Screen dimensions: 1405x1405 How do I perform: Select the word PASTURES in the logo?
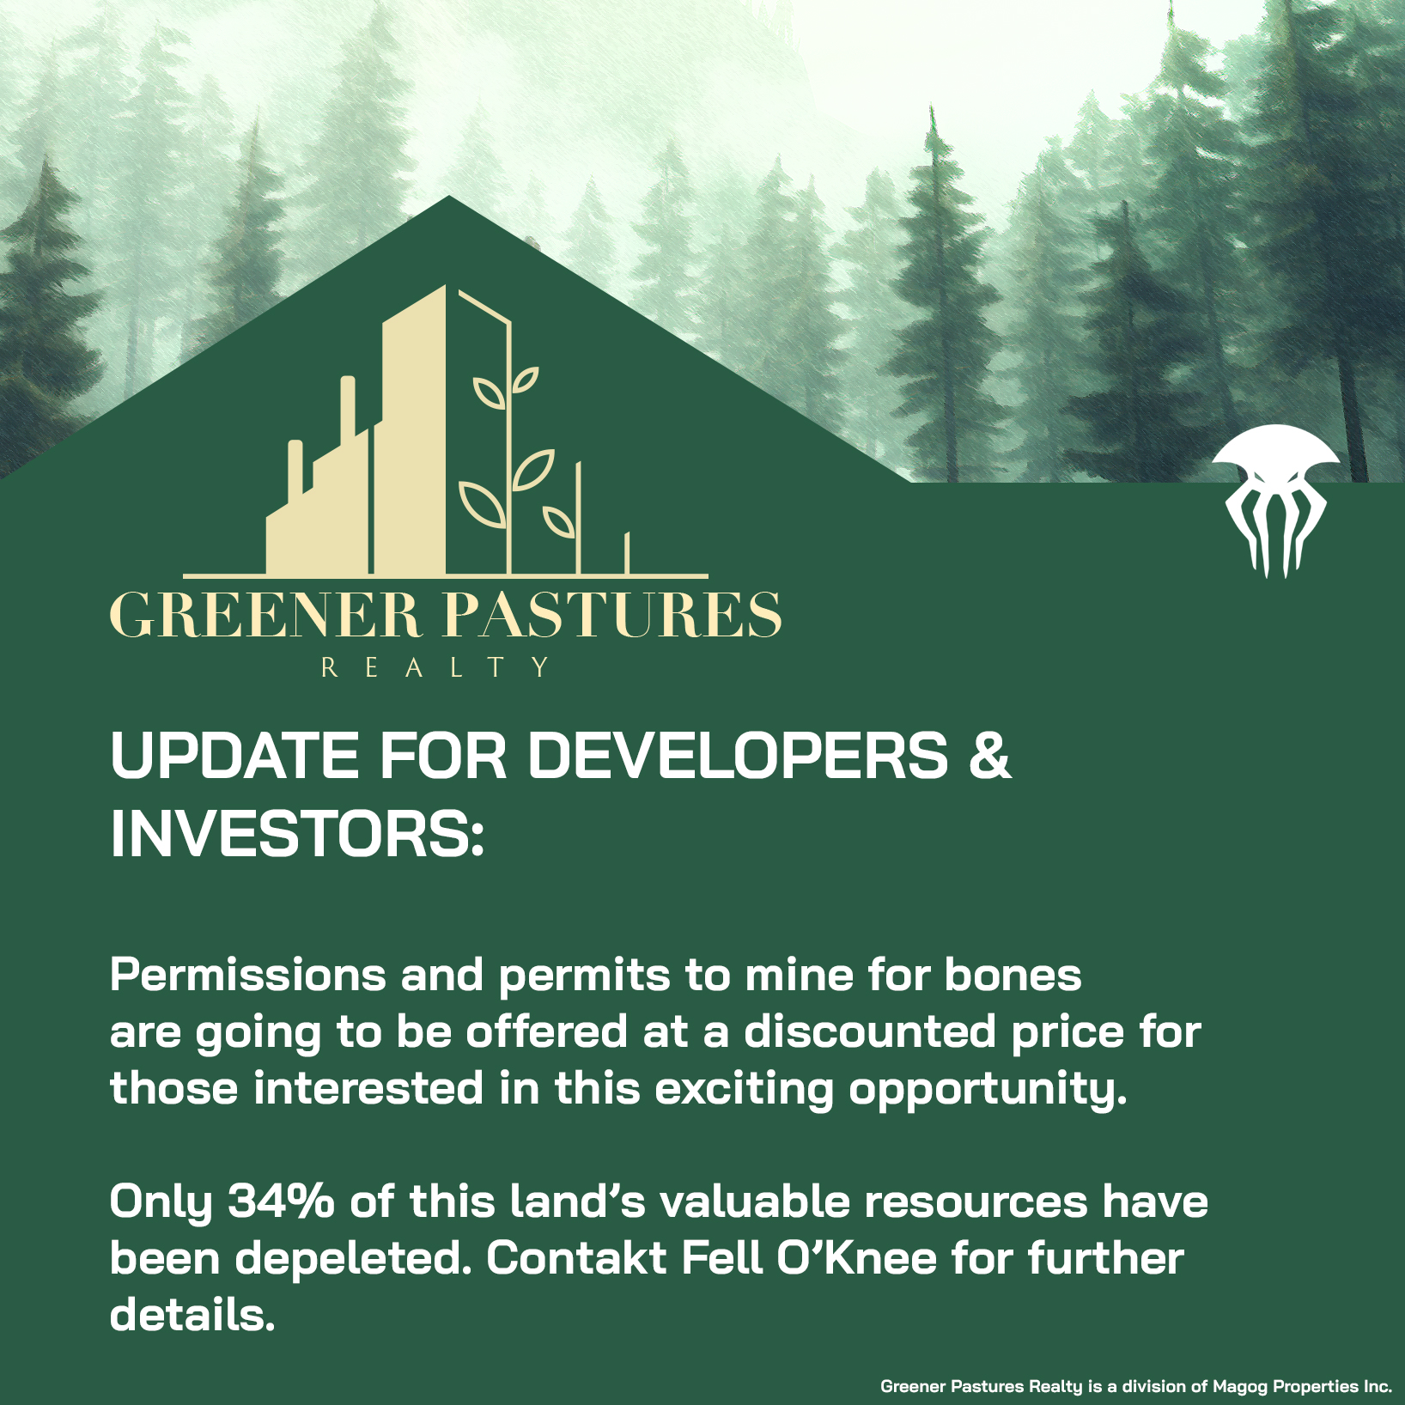click(611, 616)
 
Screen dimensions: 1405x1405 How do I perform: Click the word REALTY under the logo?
click(435, 667)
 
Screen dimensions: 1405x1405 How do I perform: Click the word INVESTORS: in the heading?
click(297, 832)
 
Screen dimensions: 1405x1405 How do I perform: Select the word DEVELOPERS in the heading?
click(738, 755)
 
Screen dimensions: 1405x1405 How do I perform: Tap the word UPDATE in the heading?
click(234, 755)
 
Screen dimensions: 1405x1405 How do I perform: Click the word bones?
click(1013, 976)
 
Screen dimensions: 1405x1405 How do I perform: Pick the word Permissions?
click(248, 976)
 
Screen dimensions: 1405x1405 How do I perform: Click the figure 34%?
click(281, 1201)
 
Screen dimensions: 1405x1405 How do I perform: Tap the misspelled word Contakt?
click(576, 1259)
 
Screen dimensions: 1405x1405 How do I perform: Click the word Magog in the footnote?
click(1240, 1386)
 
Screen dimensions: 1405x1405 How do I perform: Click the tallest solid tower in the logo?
click(414, 429)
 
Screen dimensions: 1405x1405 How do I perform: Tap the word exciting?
click(745, 1090)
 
